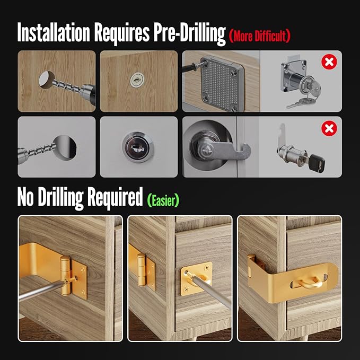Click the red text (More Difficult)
260,36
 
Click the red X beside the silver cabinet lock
329,63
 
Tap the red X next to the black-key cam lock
329,128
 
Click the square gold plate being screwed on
196,280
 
